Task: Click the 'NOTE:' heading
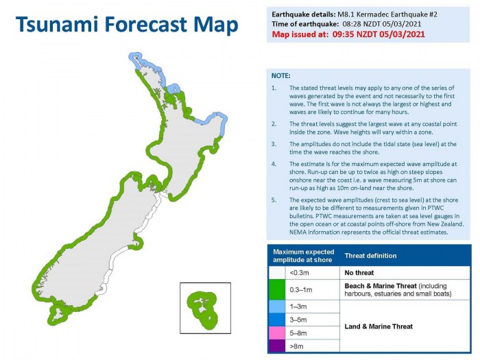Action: point(280,75)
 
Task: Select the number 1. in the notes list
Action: point(274,88)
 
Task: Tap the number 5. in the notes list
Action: point(274,200)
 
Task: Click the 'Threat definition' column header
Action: point(370,256)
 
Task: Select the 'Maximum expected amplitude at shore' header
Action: point(303,256)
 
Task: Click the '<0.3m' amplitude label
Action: point(301,272)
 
